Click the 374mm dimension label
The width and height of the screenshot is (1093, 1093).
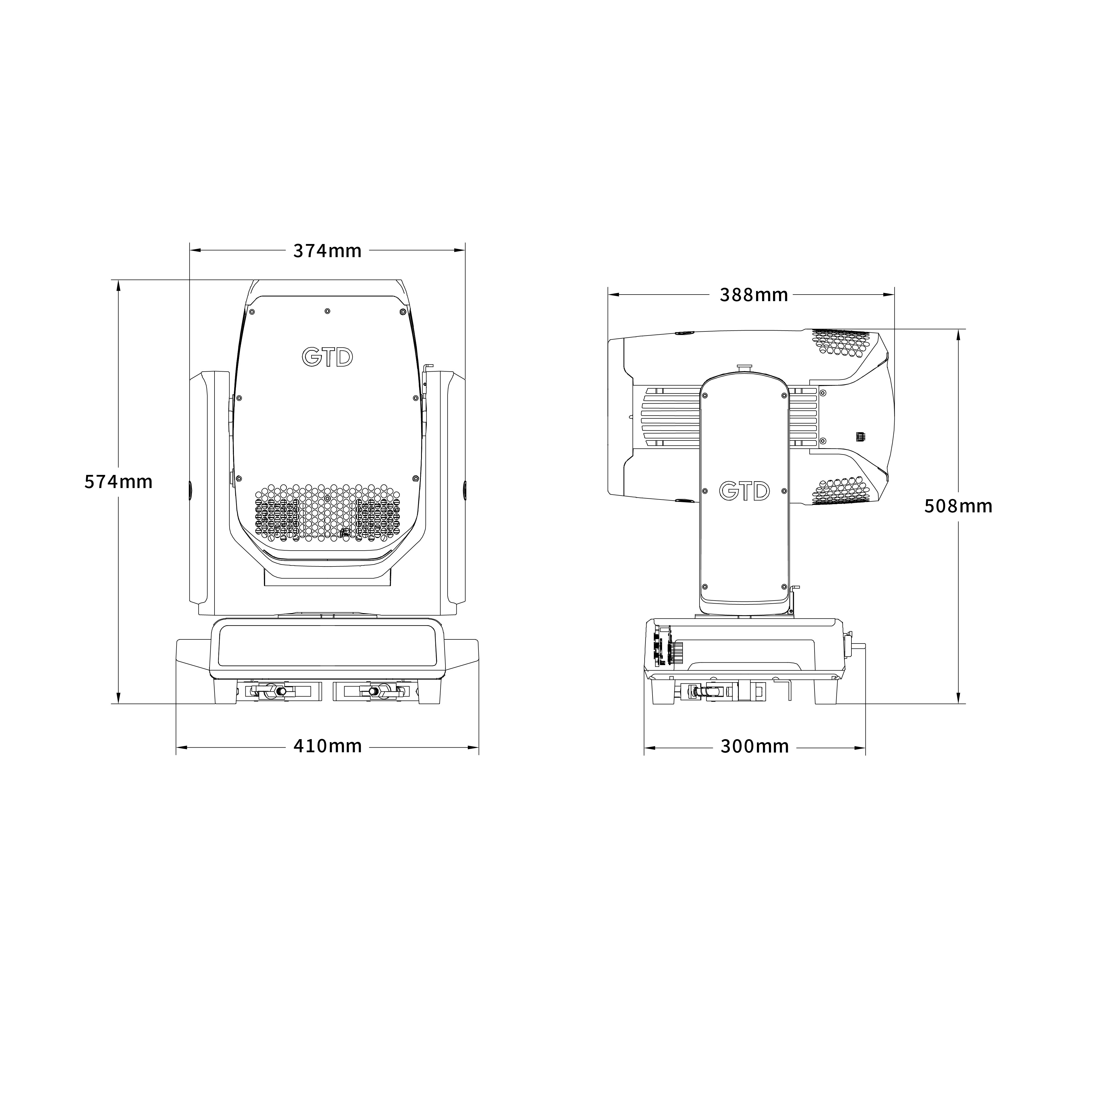click(327, 251)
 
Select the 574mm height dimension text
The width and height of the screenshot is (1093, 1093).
click(118, 481)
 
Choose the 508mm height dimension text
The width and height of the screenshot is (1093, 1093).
click(958, 506)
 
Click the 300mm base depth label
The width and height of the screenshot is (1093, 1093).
click(755, 746)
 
